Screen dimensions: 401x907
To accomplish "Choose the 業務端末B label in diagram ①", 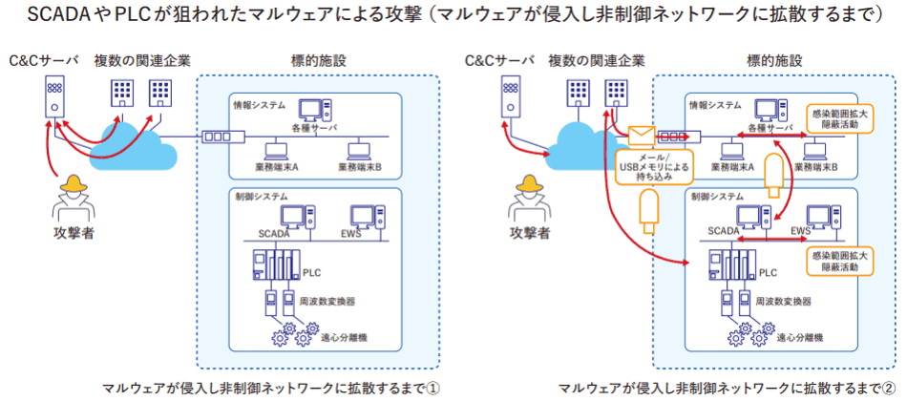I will point(359,167).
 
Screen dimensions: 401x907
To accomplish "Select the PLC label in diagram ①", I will point(312,272).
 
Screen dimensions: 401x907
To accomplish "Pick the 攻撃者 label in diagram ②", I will point(529,232).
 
